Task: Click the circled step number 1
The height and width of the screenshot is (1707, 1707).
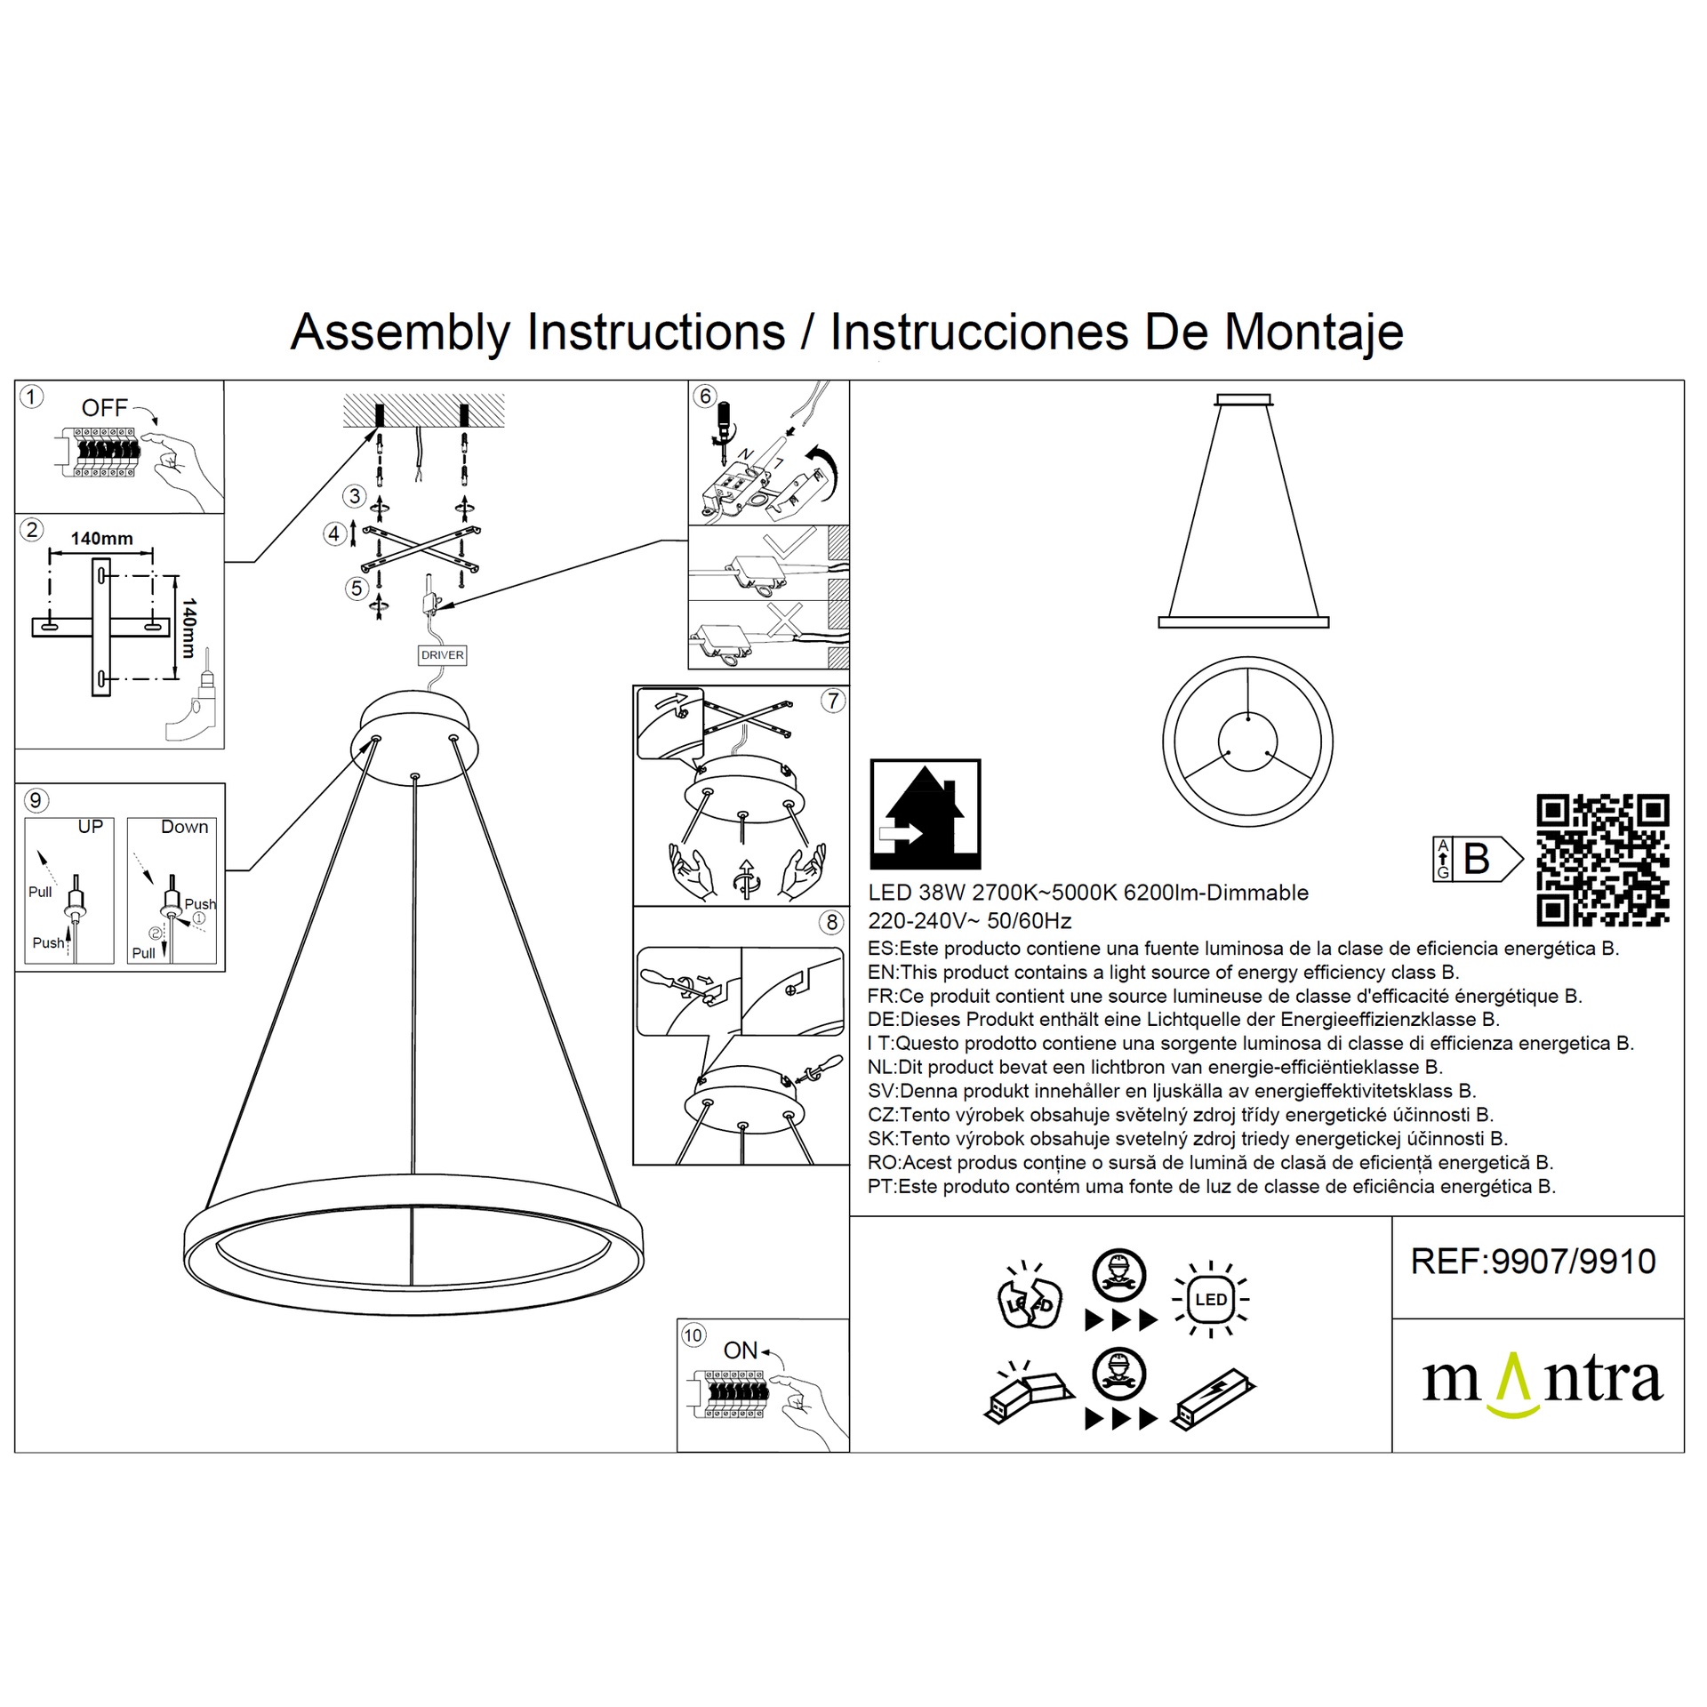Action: [x=31, y=397]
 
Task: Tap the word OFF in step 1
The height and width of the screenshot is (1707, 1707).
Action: [x=105, y=408]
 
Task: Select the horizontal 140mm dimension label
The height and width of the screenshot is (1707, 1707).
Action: [x=102, y=538]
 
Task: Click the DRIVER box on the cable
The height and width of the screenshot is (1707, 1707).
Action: [x=442, y=655]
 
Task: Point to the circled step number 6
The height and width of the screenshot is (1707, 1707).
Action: [x=705, y=397]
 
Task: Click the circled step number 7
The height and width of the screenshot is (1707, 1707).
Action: [x=832, y=701]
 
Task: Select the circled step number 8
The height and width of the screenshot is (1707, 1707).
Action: [x=832, y=922]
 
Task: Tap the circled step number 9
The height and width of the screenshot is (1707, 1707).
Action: [x=36, y=800]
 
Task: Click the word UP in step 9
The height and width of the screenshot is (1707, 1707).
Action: [x=91, y=827]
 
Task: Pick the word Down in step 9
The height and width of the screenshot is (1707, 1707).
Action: [x=185, y=827]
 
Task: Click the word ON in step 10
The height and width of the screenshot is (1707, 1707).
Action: [x=741, y=1350]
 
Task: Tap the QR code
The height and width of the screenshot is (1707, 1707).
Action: [x=1603, y=861]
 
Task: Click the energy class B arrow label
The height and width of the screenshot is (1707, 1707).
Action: [x=1478, y=859]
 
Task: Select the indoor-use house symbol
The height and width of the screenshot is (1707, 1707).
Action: [x=926, y=813]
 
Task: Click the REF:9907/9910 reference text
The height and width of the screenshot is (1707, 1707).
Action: [x=1534, y=1262]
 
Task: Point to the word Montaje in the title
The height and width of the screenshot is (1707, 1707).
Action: [x=1314, y=333]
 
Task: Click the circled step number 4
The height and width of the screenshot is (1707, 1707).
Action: [x=334, y=534]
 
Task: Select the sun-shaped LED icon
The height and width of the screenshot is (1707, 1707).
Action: [x=1211, y=1300]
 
